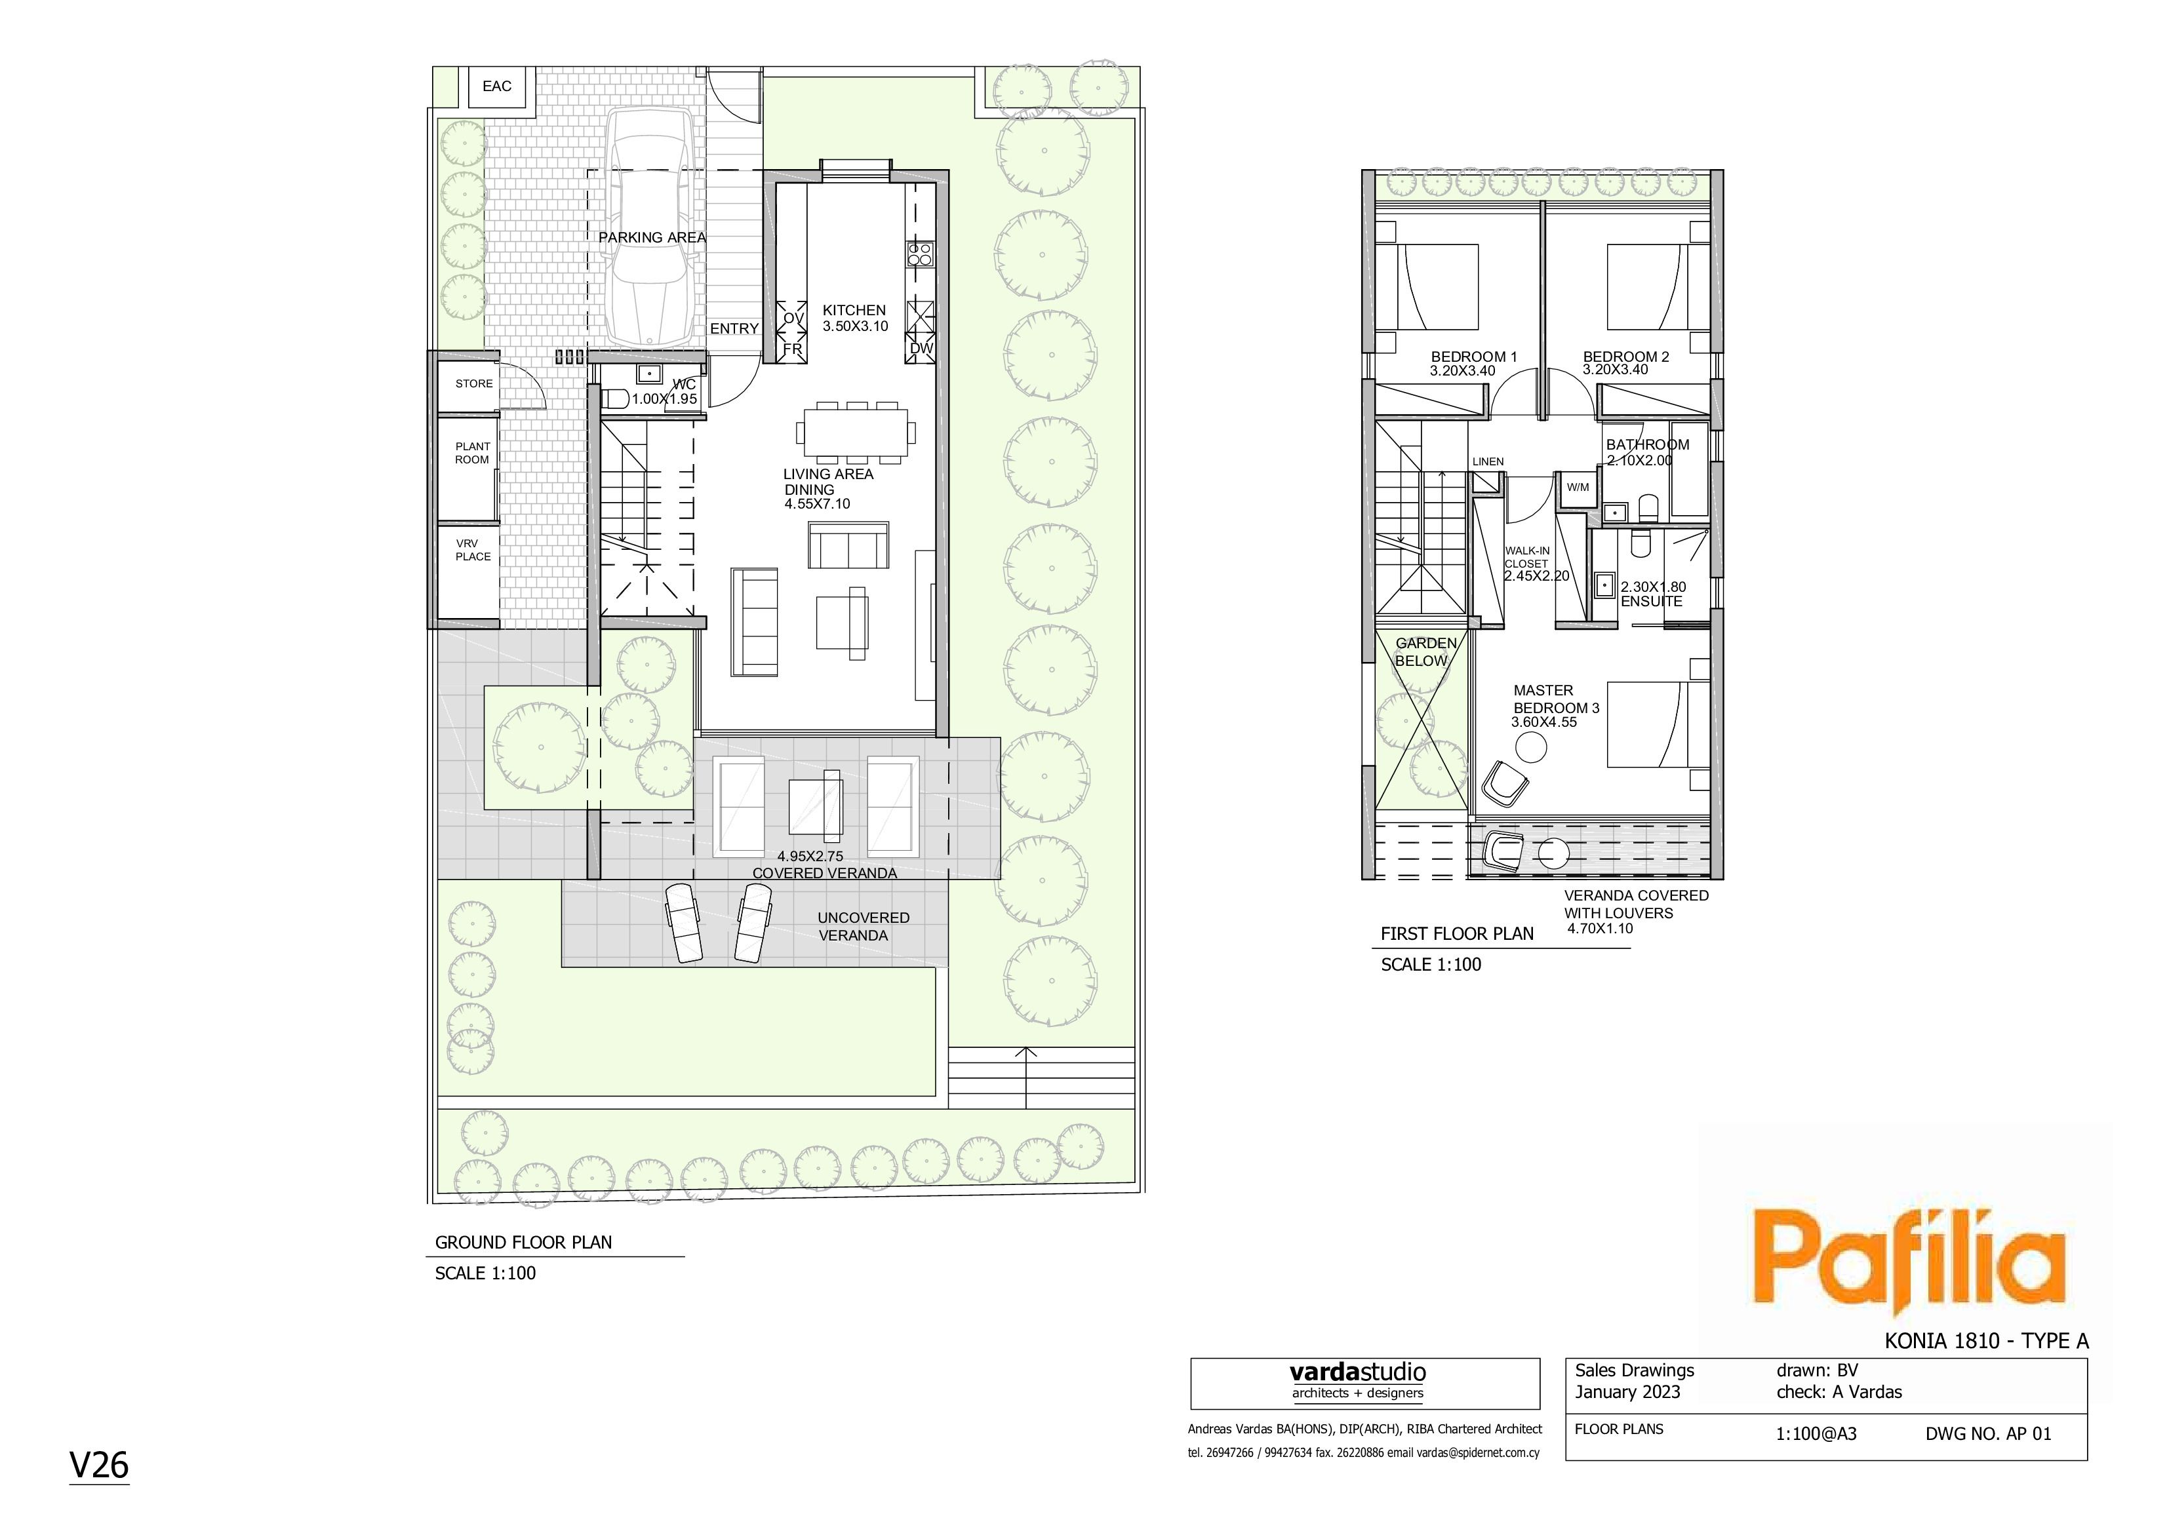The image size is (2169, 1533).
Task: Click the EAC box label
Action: click(497, 86)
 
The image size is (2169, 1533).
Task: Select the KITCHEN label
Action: click(854, 310)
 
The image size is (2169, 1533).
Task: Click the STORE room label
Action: click(474, 383)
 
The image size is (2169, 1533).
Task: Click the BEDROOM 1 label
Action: click(1474, 357)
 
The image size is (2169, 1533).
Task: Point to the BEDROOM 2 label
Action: click(1626, 357)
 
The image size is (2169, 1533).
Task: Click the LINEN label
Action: click(1488, 462)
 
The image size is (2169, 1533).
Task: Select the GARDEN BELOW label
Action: click(1425, 651)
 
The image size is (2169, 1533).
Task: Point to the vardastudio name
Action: click(1357, 1372)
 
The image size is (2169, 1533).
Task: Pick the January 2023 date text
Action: click(1627, 1392)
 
